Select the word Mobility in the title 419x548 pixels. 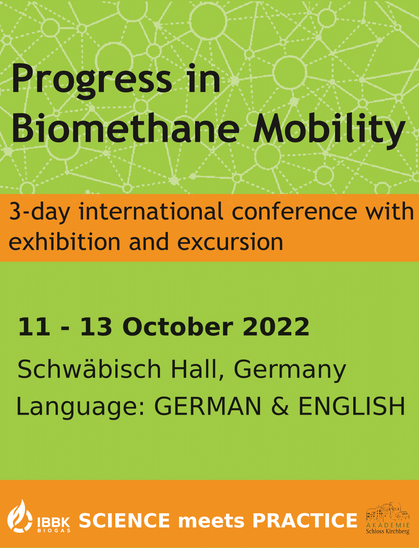coord(329,130)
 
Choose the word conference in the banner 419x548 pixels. coord(294,211)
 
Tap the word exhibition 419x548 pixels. coord(64,242)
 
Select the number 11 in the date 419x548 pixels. coord(34,327)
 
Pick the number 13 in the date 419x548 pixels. coord(95,327)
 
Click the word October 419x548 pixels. coord(177,327)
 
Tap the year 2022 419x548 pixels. coord(276,327)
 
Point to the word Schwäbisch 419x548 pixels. coord(89,369)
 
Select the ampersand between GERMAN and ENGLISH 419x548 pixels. coord(280,406)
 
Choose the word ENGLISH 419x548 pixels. coord(352,406)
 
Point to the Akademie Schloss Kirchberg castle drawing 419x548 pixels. coord(388,512)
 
